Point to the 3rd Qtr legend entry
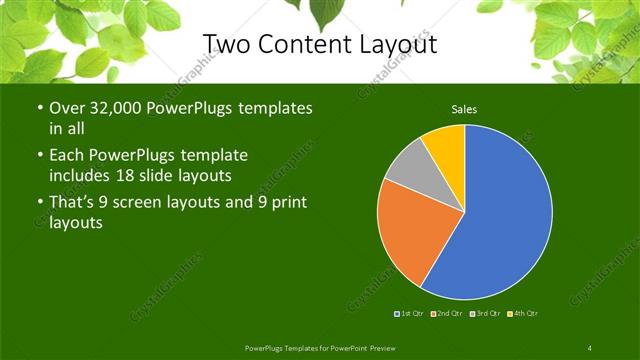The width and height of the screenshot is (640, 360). [x=486, y=314]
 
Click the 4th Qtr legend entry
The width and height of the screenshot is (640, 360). [x=524, y=314]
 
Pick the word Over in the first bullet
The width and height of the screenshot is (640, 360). [x=67, y=108]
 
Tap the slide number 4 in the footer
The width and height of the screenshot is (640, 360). [x=589, y=347]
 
